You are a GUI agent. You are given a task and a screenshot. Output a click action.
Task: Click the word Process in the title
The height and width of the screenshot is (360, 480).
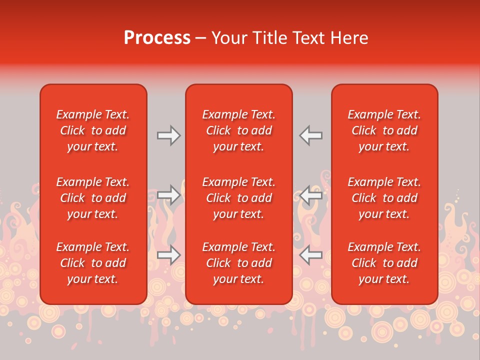(x=157, y=38)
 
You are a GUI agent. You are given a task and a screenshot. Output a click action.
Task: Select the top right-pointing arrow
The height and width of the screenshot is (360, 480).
(x=168, y=135)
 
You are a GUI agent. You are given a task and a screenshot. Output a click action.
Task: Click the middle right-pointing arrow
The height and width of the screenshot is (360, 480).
(x=168, y=195)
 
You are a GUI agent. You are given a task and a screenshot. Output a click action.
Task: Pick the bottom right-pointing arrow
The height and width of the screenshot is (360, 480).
(x=168, y=255)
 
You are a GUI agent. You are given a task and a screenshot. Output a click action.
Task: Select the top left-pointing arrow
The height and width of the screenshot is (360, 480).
(x=310, y=135)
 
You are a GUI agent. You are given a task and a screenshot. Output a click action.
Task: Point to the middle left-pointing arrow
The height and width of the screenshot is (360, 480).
(x=310, y=195)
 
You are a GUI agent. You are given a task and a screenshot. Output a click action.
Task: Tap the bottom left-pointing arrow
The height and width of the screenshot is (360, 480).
(x=310, y=255)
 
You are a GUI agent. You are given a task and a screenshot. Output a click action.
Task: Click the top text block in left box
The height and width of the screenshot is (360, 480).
(x=93, y=130)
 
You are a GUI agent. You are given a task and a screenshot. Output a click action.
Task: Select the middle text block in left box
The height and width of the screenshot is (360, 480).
(x=93, y=198)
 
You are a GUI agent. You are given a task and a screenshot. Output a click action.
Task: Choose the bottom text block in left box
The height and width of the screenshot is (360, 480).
(x=93, y=263)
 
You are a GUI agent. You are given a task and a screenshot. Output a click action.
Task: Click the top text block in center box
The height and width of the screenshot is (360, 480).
(x=239, y=130)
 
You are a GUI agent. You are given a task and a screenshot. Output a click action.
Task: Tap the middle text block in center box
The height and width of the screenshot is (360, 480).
(x=239, y=198)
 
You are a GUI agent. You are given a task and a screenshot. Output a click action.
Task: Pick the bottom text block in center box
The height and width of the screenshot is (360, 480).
(x=239, y=263)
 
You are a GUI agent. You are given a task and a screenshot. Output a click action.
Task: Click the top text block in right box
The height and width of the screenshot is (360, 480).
(x=384, y=130)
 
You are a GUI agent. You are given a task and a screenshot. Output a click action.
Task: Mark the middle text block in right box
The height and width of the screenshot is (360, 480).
(x=384, y=198)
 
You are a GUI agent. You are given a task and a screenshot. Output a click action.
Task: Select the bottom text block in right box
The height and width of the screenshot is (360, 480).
(x=384, y=263)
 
